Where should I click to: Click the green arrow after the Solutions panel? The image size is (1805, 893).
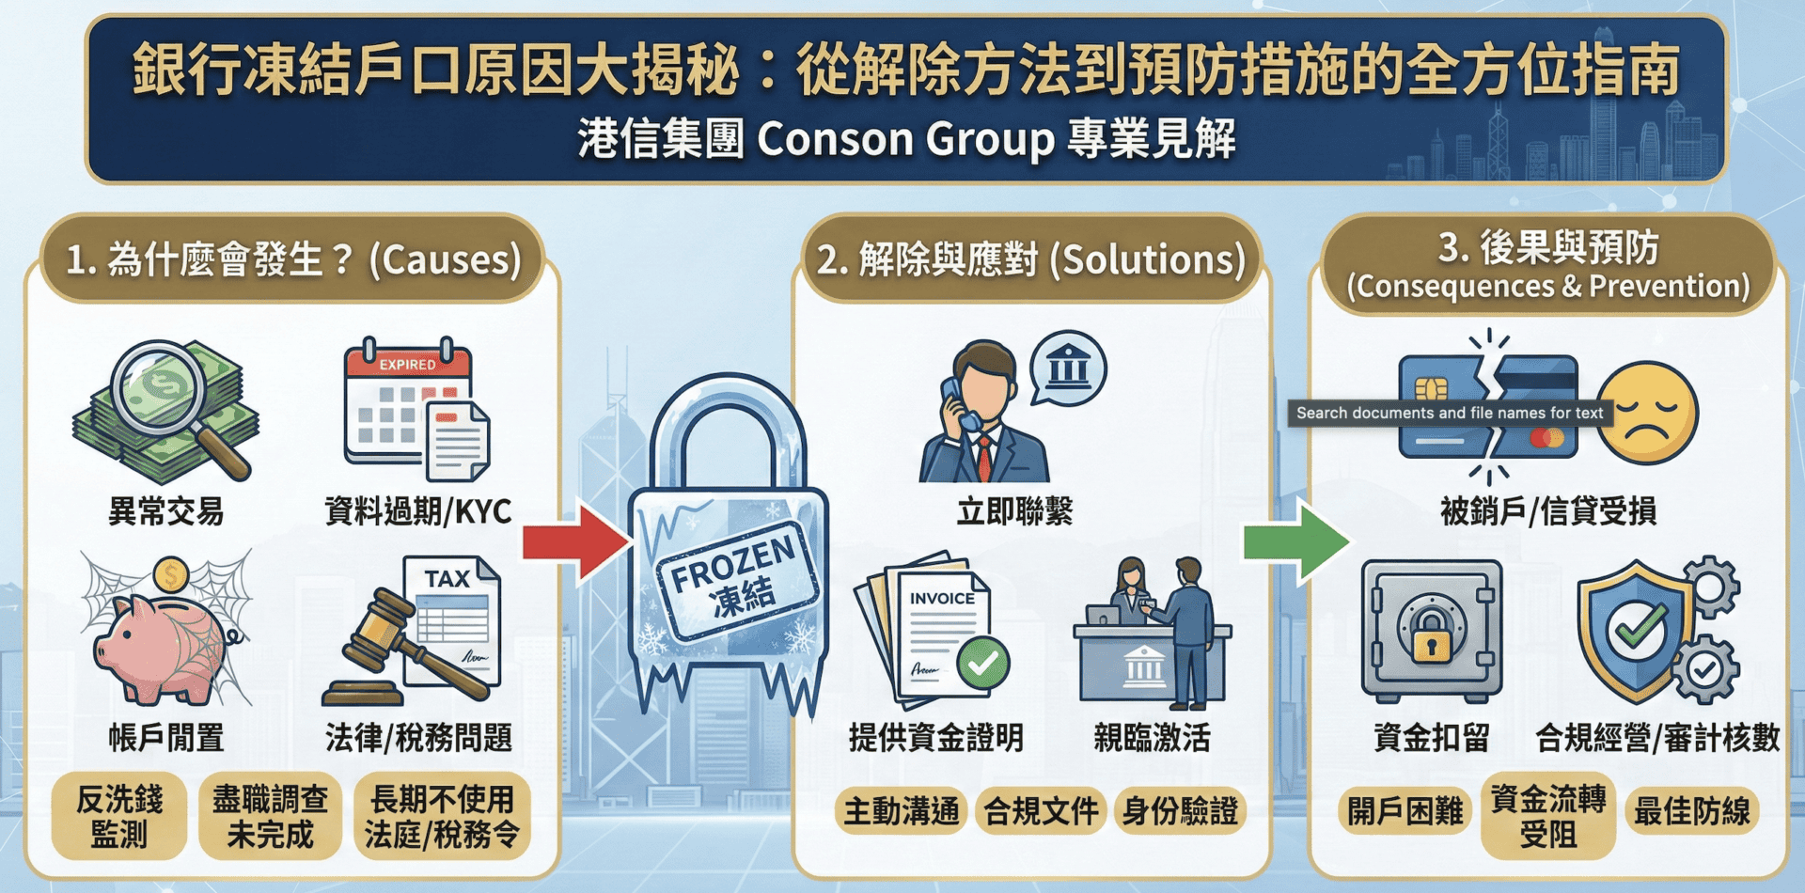[1295, 541]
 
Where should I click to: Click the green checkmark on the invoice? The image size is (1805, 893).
[982, 664]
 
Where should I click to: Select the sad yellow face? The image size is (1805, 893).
[1647, 414]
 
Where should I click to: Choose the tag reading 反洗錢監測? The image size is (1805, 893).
[119, 816]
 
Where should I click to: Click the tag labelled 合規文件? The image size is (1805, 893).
[1041, 811]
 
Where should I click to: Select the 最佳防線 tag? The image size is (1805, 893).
[1691, 811]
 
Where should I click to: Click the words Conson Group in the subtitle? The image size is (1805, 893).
[905, 139]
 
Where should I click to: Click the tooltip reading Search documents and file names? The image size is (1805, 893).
[1450, 413]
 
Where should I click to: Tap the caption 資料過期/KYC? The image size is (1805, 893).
[417, 511]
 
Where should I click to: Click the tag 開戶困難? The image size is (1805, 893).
[1405, 811]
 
